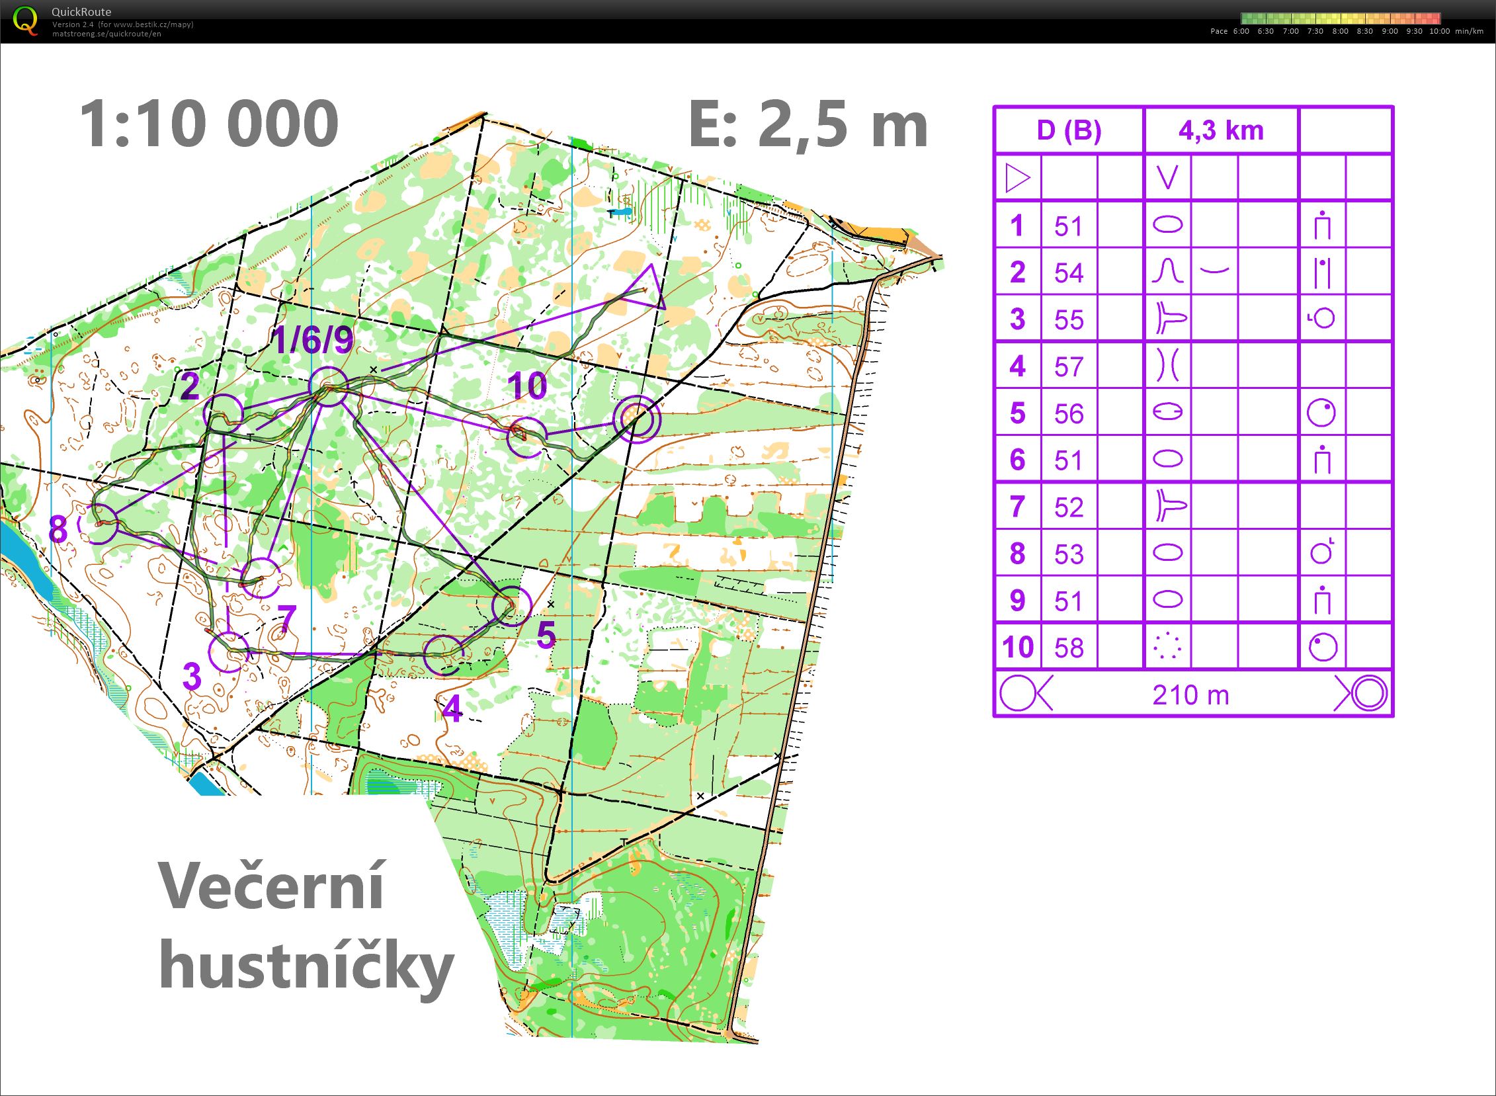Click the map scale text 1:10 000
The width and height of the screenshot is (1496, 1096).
point(209,124)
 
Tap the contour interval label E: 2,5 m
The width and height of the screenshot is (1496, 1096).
point(808,124)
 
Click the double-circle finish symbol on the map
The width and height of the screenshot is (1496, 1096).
point(636,418)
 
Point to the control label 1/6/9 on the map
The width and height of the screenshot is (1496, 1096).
point(313,341)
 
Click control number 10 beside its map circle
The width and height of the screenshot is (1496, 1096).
point(528,386)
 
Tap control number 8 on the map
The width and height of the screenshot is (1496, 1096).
point(58,529)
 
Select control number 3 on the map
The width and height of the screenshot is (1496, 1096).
point(192,676)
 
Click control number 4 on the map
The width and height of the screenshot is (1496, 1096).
point(452,711)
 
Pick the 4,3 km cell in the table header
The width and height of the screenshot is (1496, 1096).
point(1221,131)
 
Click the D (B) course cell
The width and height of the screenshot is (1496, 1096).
point(1069,131)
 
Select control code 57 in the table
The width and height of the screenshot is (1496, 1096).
point(1068,366)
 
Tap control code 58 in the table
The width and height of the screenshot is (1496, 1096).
point(1068,648)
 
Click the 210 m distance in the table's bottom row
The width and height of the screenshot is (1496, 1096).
point(1191,695)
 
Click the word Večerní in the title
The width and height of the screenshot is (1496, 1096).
point(270,888)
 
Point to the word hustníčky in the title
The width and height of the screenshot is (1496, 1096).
point(306,967)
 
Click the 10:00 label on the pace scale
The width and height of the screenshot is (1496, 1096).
point(1439,31)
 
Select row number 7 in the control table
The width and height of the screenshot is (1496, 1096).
point(1017,507)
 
